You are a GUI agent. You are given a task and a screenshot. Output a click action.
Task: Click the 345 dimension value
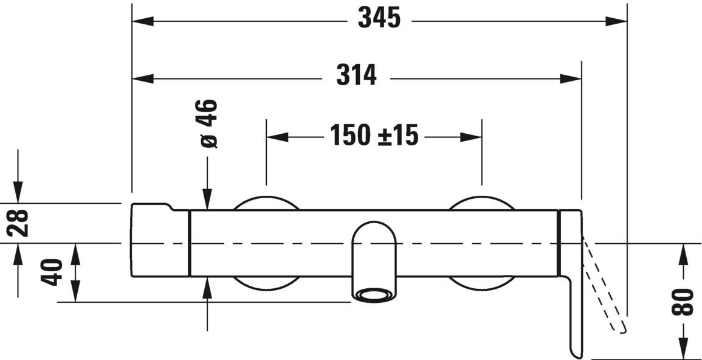(x=379, y=19)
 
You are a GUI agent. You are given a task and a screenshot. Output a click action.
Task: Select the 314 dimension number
(x=357, y=76)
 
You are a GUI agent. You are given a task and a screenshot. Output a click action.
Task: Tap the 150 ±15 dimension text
(x=374, y=135)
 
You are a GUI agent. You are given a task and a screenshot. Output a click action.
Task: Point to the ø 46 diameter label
(x=208, y=123)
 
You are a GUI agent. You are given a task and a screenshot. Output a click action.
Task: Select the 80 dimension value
(x=683, y=302)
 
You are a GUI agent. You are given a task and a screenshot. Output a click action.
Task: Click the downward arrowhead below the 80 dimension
(x=683, y=349)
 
